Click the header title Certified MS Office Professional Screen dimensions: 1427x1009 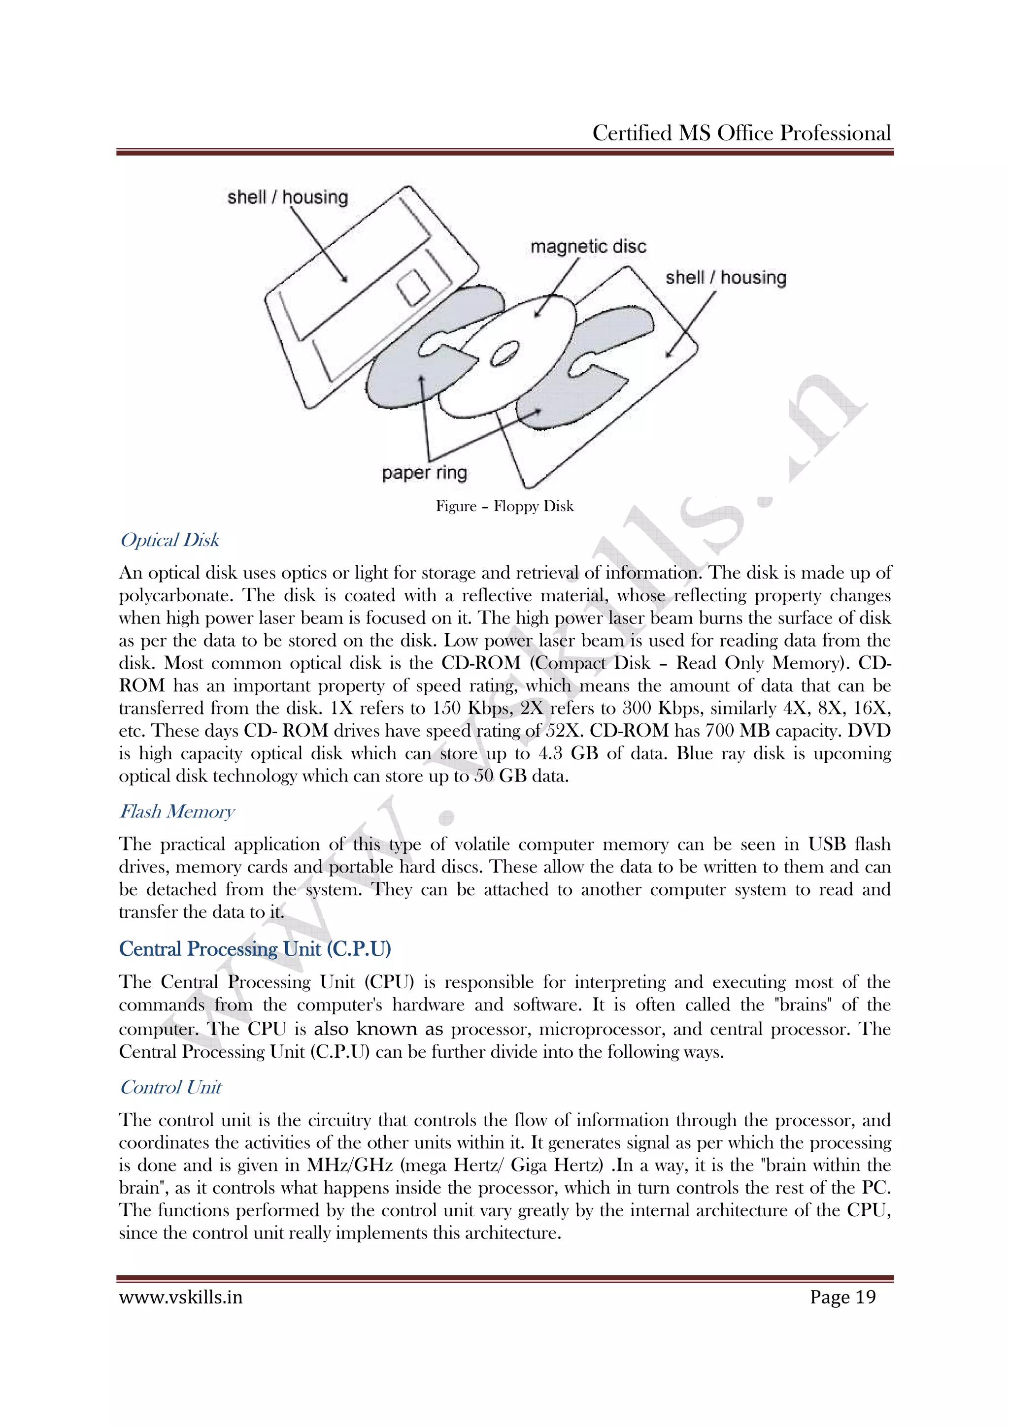(x=741, y=133)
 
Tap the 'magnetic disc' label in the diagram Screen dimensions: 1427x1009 (x=588, y=247)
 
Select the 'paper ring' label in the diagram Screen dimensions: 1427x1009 (x=425, y=473)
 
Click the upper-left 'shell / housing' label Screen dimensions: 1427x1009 (x=287, y=197)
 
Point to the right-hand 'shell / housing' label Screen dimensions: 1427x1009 (x=726, y=277)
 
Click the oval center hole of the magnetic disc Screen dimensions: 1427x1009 (x=505, y=353)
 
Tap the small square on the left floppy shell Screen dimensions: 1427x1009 (x=413, y=287)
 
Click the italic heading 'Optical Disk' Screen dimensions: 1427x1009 (x=169, y=540)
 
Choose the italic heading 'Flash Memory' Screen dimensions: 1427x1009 (x=177, y=811)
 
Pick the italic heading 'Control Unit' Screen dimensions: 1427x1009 (x=171, y=1087)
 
